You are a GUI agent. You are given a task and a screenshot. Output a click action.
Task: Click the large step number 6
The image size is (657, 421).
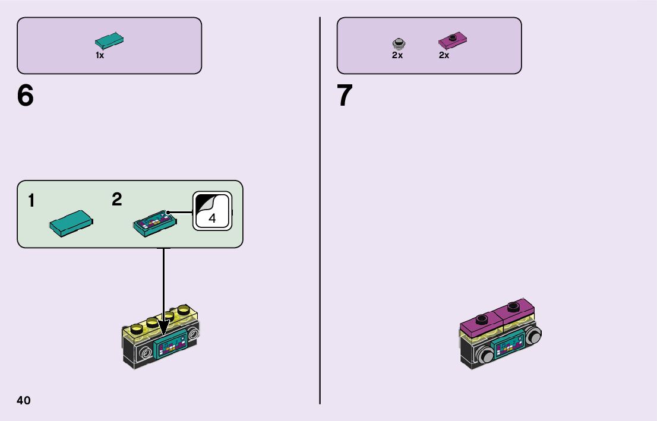click(x=26, y=96)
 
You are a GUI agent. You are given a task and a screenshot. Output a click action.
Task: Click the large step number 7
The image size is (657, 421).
click(x=345, y=96)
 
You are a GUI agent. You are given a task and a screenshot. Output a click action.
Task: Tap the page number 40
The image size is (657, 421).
click(x=24, y=400)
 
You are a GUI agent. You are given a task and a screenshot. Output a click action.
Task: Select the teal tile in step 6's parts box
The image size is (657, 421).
click(x=109, y=41)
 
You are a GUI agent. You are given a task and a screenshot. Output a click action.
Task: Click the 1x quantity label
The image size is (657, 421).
click(x=100, y=55)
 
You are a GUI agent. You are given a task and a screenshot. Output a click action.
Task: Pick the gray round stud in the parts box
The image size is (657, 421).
click(x=398, y=43)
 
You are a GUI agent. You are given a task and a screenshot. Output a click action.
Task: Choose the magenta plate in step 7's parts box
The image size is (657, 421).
click(x=453, y=41)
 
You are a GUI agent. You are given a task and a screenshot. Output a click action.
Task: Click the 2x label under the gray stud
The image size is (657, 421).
click(x=397, y=55)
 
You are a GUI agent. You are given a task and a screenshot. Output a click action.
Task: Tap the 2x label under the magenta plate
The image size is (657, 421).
click(x=444, y=55)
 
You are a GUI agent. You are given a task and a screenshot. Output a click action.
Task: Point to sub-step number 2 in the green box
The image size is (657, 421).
click(x=117, y=200)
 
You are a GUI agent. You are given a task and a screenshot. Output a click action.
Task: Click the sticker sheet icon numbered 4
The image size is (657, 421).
click(x=212, y=211)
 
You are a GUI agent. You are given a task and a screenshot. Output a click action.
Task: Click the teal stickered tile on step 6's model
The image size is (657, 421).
click(x=172, y=344)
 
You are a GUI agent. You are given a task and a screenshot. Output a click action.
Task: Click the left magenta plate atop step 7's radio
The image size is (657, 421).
click(x=482, y=321)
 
